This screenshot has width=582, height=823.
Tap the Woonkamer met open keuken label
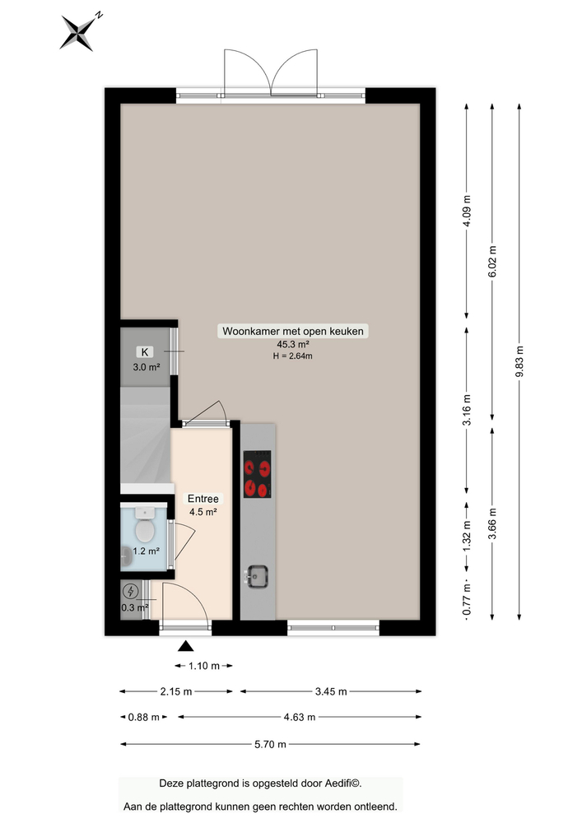pos(292,331)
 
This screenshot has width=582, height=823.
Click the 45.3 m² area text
pos(292,344)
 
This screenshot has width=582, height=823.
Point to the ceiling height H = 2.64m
pos(292,356)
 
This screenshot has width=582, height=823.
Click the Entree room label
pos(203,499)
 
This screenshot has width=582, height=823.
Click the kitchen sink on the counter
pos(258,577)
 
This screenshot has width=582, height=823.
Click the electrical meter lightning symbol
pos(131,591)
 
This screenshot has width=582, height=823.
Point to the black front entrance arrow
pos(186,647)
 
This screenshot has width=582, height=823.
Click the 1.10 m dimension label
pos(203,666)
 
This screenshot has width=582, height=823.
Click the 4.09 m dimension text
pos(467,211)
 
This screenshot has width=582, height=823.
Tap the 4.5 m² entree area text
pos(203,512)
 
